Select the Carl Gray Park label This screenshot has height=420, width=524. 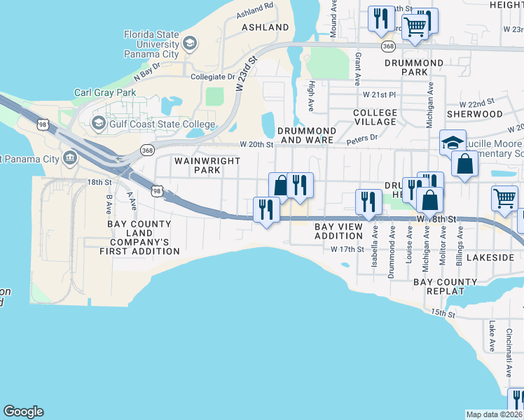104,92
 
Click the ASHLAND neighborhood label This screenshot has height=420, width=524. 265,27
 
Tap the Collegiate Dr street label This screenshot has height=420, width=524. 213,77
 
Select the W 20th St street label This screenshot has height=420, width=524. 256,144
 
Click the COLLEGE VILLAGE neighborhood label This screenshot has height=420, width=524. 375,117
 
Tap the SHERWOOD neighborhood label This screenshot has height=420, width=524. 474,113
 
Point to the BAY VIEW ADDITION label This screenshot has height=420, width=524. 338,231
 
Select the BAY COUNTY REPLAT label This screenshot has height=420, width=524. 445,287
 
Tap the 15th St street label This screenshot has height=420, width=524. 443,312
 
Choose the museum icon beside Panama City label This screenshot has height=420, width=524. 71,158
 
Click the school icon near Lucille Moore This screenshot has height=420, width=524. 453,143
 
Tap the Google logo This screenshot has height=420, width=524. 23,412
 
